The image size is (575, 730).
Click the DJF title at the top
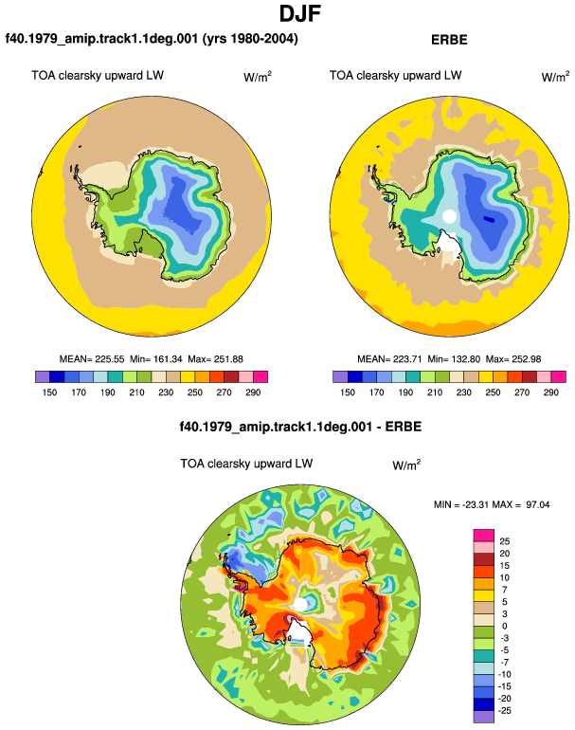tap(300, 13)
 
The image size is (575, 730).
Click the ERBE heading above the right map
tap(449, 40)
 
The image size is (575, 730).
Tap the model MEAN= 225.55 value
tap(92, 359)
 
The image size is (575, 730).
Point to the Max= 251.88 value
tap(215, 359)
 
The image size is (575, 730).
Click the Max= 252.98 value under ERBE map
tap(513, 359)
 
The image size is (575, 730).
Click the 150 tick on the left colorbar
tap(49, 392)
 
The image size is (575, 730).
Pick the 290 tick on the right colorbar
tap(550, 392)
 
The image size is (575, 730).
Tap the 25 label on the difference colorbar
tap(505, 541)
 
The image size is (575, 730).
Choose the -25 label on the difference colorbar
tap(505, 711)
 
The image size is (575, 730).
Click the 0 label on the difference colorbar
tap(504, 626)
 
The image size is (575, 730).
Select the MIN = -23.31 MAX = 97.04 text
tap(492, 504)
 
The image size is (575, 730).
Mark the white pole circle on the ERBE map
tap(449, 216)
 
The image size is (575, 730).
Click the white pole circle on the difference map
tap(300, 605)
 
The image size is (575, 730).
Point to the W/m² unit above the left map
tap(258, 77)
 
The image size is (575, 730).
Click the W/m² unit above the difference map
tap(406, 465)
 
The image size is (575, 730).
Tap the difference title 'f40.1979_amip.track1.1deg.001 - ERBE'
tap(300, 427)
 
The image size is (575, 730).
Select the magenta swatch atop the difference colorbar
tap(484, 536)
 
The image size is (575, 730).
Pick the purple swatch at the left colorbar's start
tap(43, 376)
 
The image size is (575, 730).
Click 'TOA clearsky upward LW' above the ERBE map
tap(395, 76)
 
